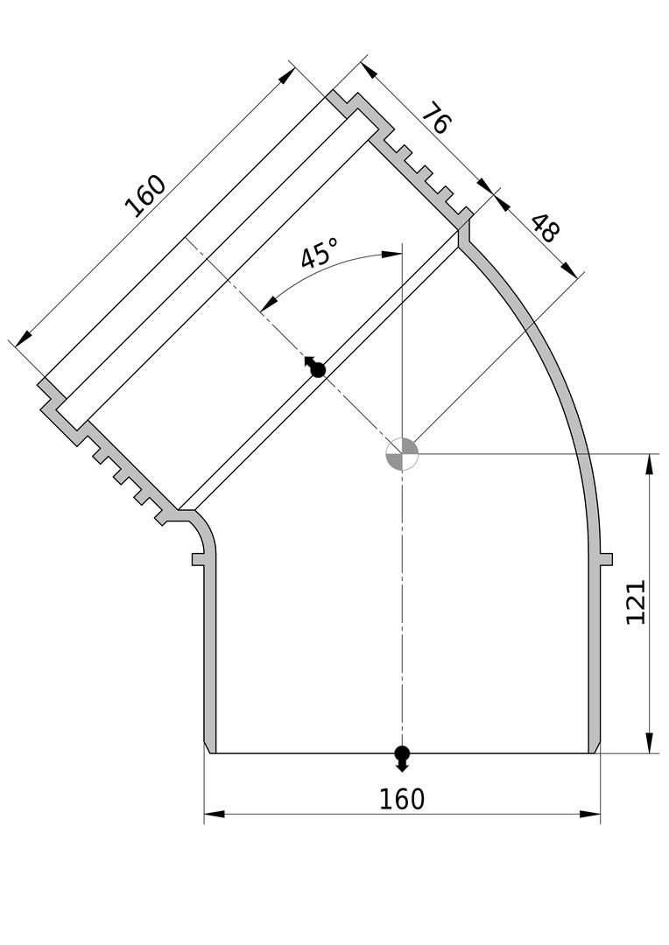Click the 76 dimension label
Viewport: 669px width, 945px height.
click(x=435, y=118)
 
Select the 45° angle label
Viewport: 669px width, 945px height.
click(x=319, y=253)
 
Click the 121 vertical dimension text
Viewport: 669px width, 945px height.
click(x=636, y=602)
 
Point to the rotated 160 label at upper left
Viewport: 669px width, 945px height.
click(x=144, y=196)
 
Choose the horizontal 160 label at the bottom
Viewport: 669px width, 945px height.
click(x=402, y=799)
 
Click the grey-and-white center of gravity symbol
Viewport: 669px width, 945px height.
click(x=402, y=452)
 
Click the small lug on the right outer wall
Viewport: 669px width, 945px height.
click(x=606, y=559)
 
